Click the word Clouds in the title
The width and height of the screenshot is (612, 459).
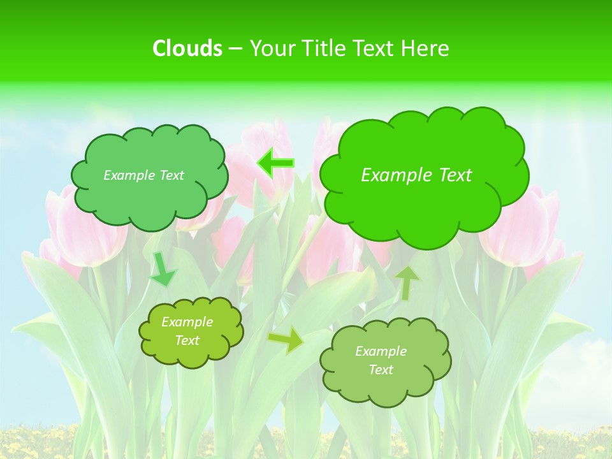187,48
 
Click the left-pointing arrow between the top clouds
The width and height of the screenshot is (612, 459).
275,163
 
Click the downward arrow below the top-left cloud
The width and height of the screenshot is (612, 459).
162,269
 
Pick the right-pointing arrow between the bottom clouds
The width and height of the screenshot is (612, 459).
286,340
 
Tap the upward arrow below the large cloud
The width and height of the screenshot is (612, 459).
407,282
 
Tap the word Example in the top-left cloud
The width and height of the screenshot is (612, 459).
127,175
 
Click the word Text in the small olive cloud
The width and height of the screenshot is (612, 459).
187,340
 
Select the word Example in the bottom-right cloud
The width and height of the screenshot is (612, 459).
381,351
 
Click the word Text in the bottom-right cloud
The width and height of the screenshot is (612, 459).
381,370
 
